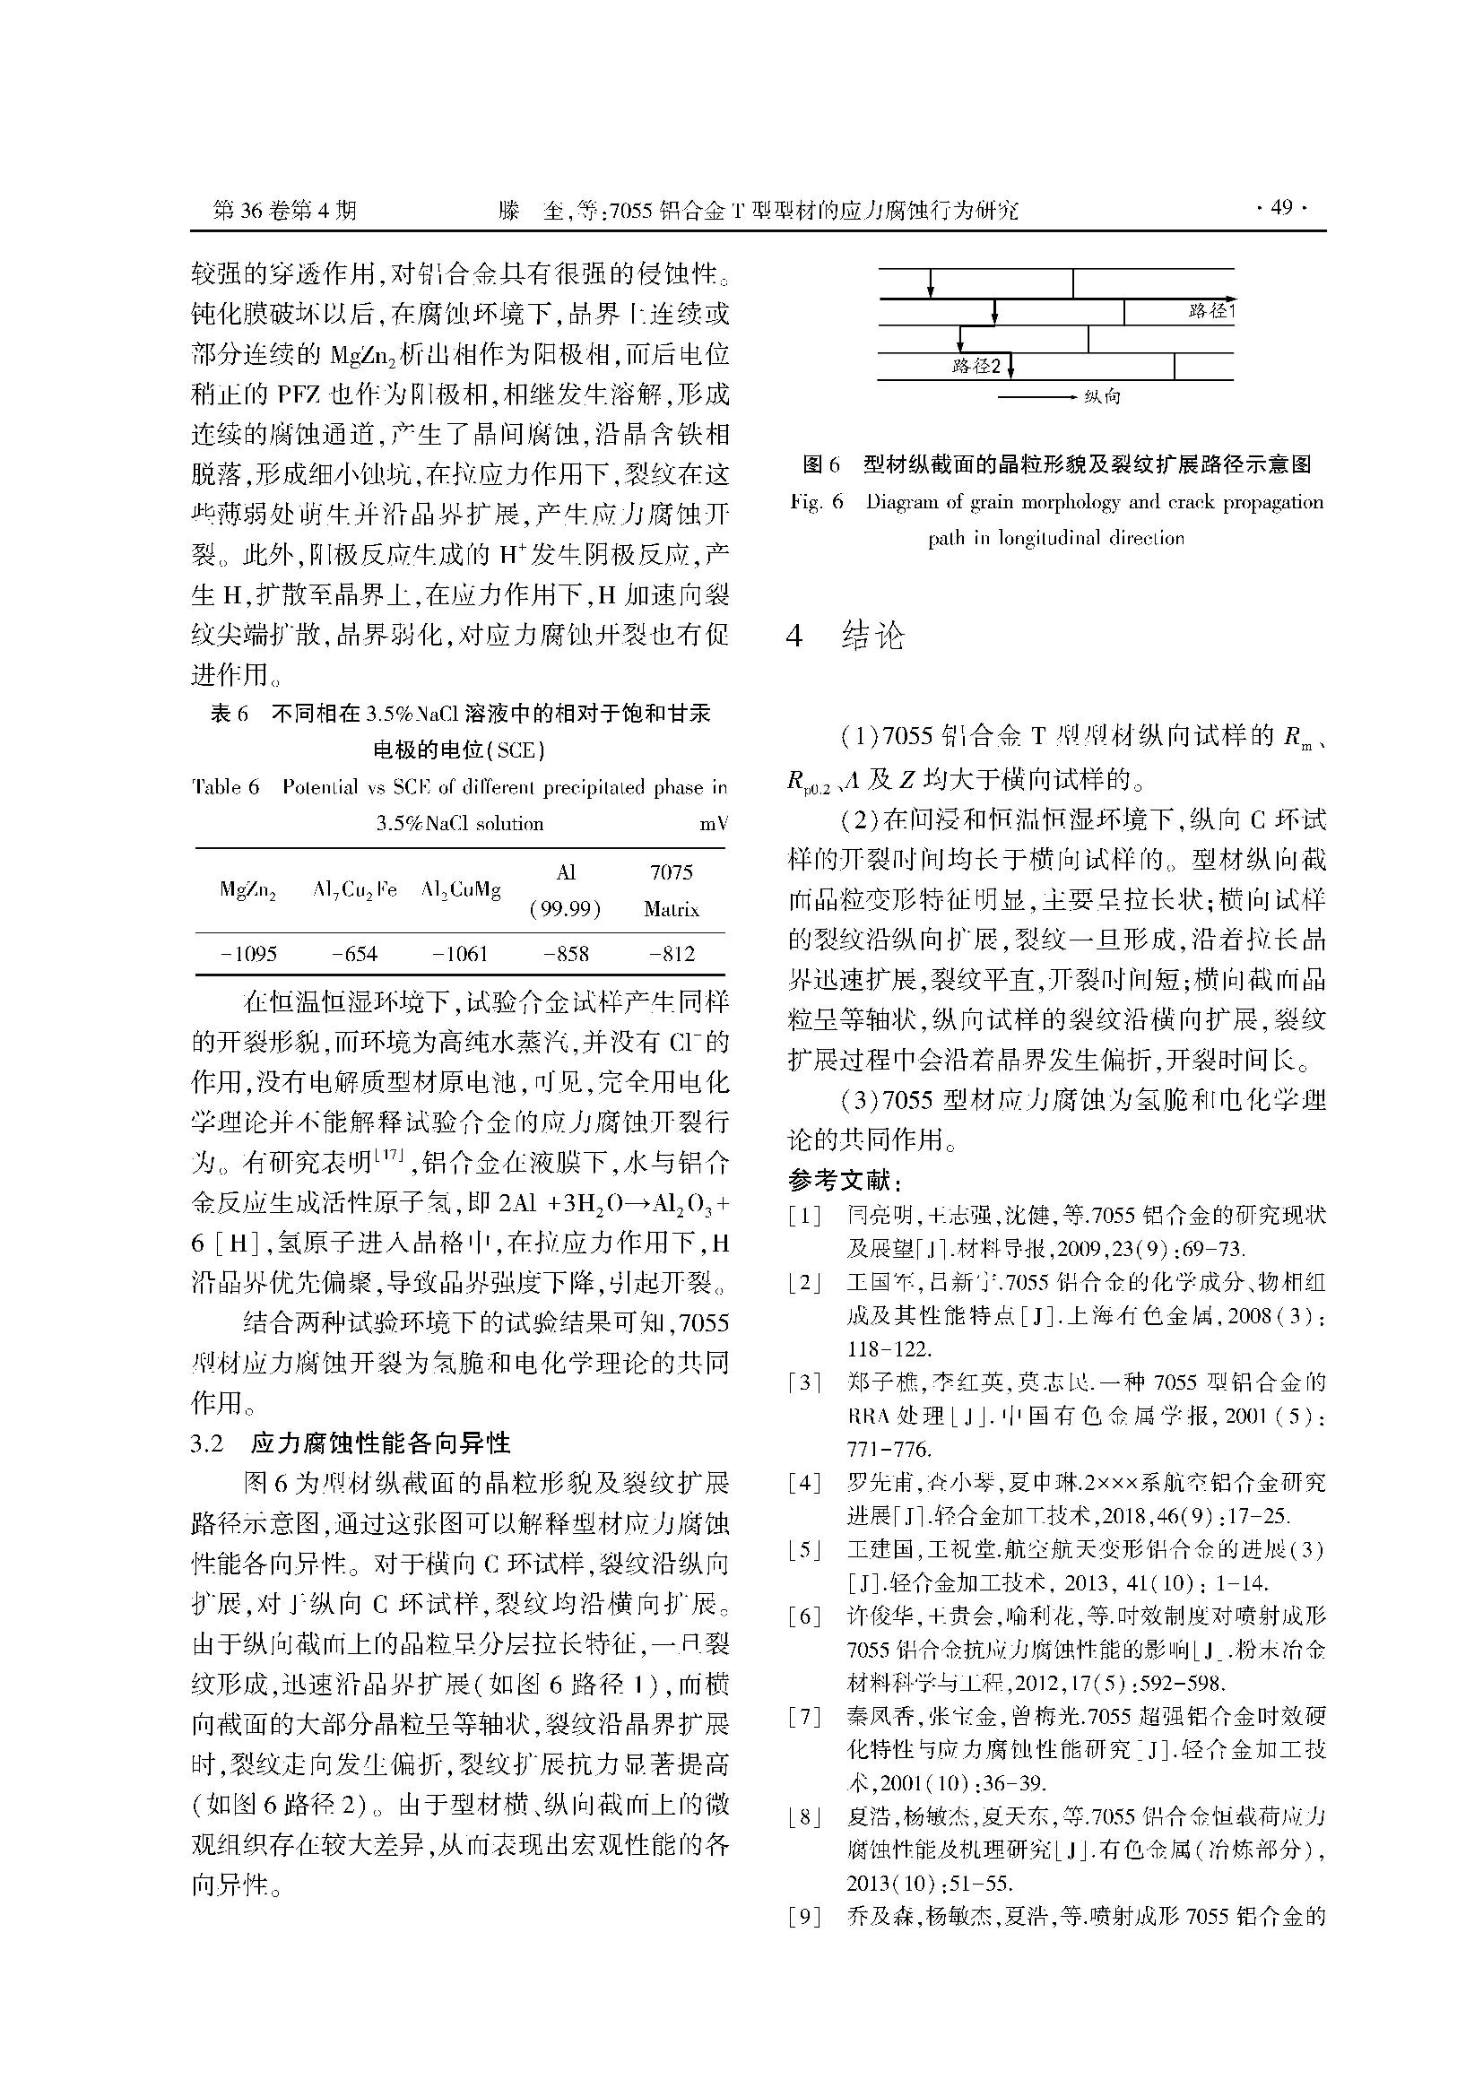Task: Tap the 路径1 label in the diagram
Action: [1210, 311]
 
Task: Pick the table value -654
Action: [354, 955]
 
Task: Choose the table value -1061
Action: [460, 955]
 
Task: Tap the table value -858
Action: [565, 955]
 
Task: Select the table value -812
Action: [672, 955]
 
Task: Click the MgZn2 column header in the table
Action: [248, 891]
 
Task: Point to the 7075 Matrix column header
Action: [672, 890]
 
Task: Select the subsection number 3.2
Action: [207, 1443]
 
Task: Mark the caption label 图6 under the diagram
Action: [820, 465]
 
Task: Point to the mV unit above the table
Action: [713, 824]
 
